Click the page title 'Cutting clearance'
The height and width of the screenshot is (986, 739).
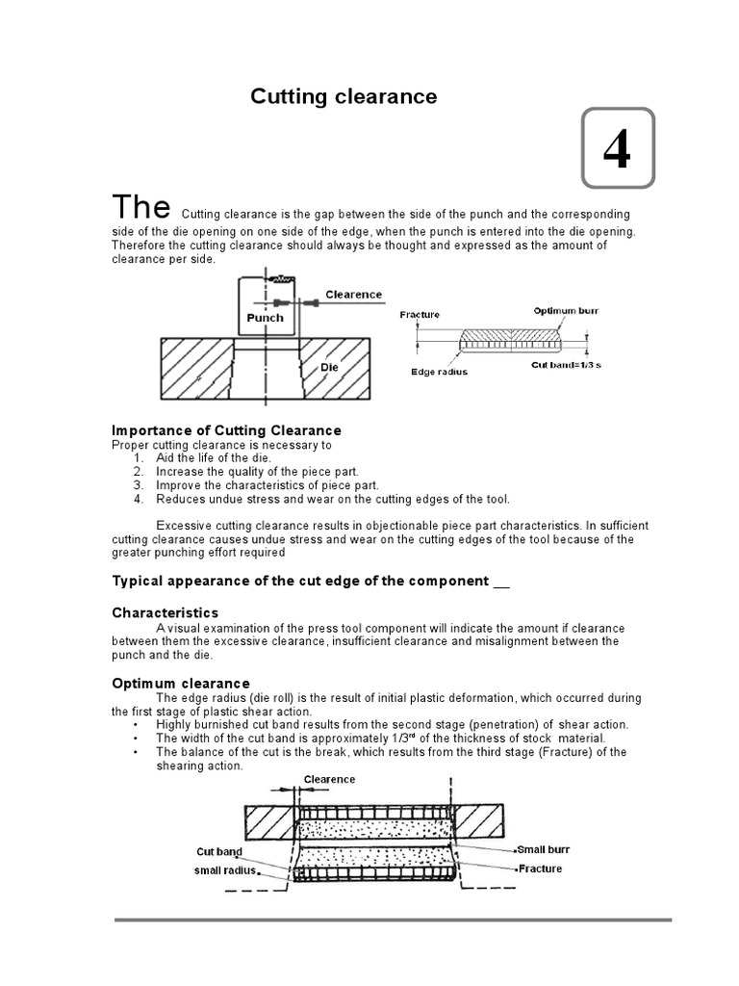tap(344, 96)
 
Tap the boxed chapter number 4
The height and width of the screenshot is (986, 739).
tap(617, 149)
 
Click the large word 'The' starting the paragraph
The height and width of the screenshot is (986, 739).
tap(141, 207)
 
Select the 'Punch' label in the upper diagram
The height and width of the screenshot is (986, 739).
tap(265, 318)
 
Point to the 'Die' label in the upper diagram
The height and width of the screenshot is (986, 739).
tap(331, 367)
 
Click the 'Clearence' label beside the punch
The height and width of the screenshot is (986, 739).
tap(353, 295)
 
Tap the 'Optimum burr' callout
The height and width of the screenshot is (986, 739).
tap(565, 311)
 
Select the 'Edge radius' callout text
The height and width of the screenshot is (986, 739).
tap(439, 372)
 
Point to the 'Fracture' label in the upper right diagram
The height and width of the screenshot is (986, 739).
tap(420, 315)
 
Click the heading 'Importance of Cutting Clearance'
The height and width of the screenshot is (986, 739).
tap(226, 430)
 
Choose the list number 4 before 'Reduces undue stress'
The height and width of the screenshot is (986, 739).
tap(139, 499)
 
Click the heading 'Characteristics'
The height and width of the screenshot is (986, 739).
tap(165, 612)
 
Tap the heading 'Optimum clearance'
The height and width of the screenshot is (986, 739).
tap(181, 684)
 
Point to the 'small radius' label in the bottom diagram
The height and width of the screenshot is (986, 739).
tap(225, 870)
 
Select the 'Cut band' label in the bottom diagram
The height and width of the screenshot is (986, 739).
tap(219, 852)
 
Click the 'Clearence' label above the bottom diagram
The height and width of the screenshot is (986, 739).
tap(330, 779)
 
